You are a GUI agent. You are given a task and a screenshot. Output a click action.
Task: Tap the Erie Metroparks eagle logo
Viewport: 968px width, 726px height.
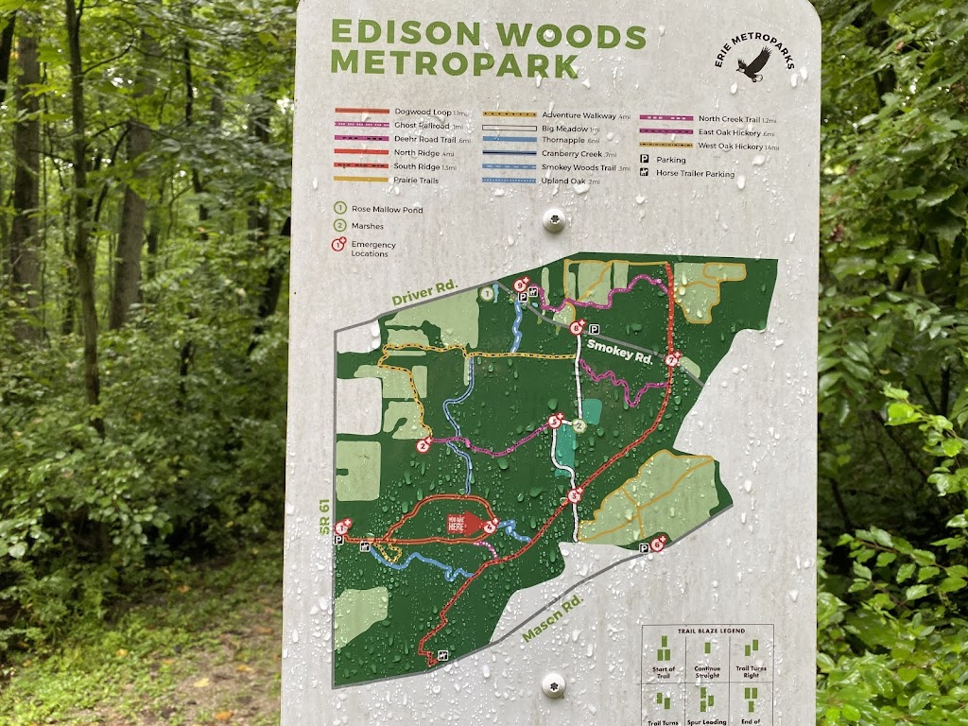(x=753, y=66)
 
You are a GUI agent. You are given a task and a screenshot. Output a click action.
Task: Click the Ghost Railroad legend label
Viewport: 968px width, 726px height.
(x=423, y=125)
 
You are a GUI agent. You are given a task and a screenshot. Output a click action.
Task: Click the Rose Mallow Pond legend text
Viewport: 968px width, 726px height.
(x=386, y=209)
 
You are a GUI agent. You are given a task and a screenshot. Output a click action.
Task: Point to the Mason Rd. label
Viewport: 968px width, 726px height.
(x=553, y=619)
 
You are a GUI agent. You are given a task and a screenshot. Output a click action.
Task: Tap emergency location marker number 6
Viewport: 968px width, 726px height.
(x=659, y=544)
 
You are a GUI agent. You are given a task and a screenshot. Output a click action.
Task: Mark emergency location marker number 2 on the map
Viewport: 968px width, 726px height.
(x=424, y=444)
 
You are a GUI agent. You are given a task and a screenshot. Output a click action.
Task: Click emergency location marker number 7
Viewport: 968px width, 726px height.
(x=671, y=359)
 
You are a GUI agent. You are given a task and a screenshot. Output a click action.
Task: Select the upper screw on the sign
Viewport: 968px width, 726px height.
(x=553, y=221)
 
